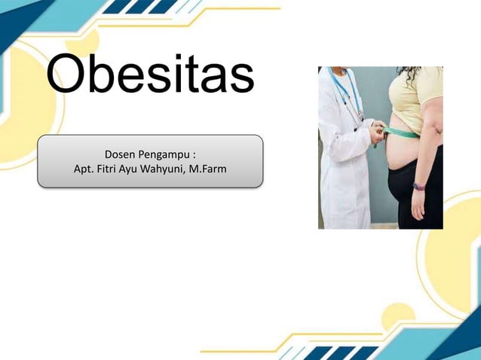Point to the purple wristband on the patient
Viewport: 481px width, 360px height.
tap(419, 185)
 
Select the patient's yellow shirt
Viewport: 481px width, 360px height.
tap(415, 98)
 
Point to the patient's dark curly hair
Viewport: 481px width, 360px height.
tap(410, 74)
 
